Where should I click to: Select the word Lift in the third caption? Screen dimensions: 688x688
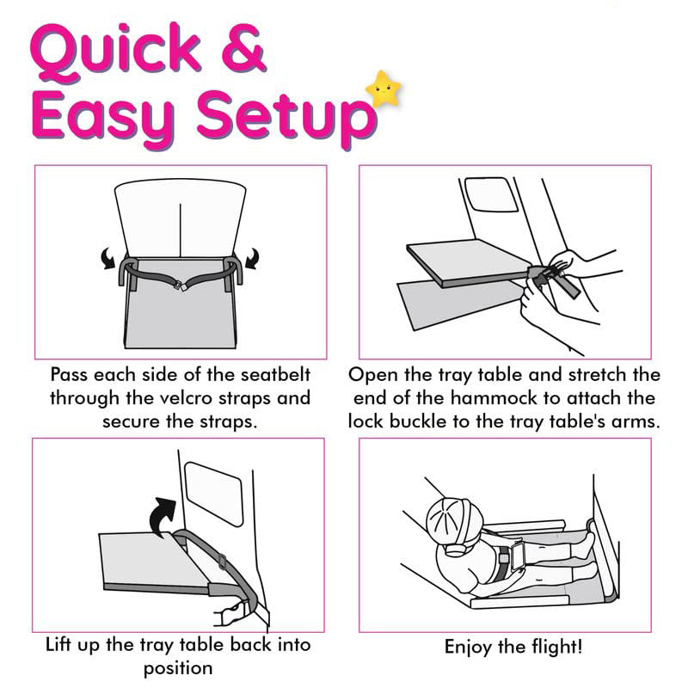[x=62, y=645]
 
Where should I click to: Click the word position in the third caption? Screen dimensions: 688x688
[x=178, y=667]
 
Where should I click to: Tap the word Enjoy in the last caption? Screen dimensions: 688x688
[x=471, y=647]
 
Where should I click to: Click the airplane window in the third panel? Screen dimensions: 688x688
[x=215, y=493]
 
